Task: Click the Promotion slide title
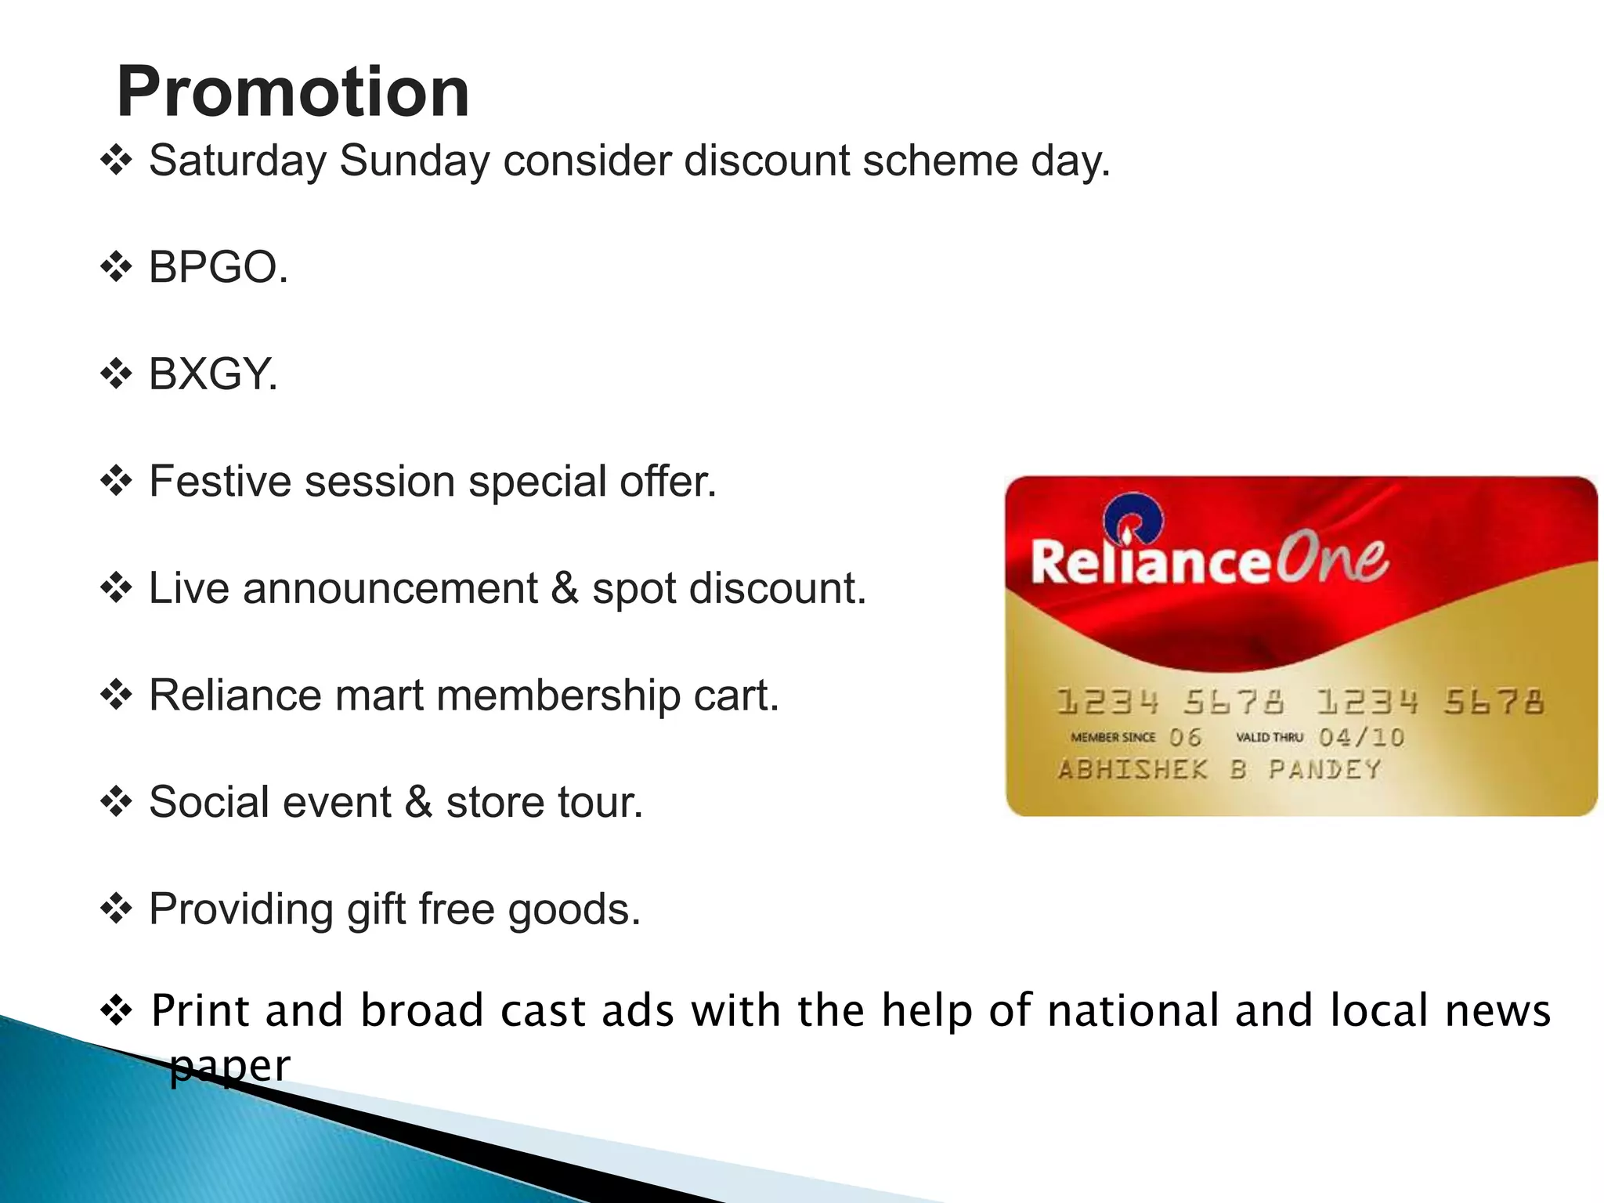coord(293,92)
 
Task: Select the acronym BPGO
coord(218,268)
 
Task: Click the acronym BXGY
coord(213,374)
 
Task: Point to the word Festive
coord(220,482)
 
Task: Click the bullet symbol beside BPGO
coord(116,268)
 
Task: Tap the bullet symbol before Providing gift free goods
coord(116,909)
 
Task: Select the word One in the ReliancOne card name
coord(1331,558)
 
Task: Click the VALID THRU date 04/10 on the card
coord(1361,737)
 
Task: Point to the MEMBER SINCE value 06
coord(1185,737)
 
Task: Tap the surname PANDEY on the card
coord(1324,769)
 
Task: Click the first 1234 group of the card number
coord(1107,701)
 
